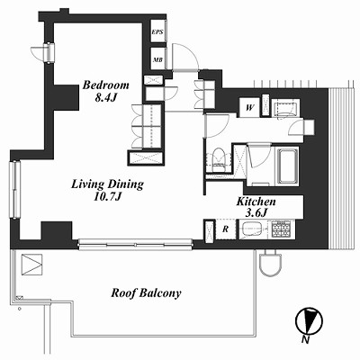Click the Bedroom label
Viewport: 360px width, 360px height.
106,85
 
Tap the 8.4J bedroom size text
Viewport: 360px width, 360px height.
105,98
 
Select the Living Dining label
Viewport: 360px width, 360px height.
107,184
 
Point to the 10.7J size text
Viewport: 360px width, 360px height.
107,197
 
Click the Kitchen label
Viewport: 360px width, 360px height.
256,202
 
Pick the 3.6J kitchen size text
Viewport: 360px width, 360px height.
256,212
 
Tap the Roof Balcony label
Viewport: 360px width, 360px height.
146,292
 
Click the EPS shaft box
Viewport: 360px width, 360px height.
157,31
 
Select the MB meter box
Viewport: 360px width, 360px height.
157,59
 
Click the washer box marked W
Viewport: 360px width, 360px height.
249,108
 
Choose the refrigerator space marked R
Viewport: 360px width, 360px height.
226,229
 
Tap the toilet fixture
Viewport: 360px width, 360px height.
218,160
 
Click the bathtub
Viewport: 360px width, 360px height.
288,166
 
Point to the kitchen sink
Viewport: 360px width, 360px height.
254,229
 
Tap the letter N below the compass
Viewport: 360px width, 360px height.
305,340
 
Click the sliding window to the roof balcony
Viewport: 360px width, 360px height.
135,243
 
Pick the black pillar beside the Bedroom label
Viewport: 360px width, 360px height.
66,97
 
